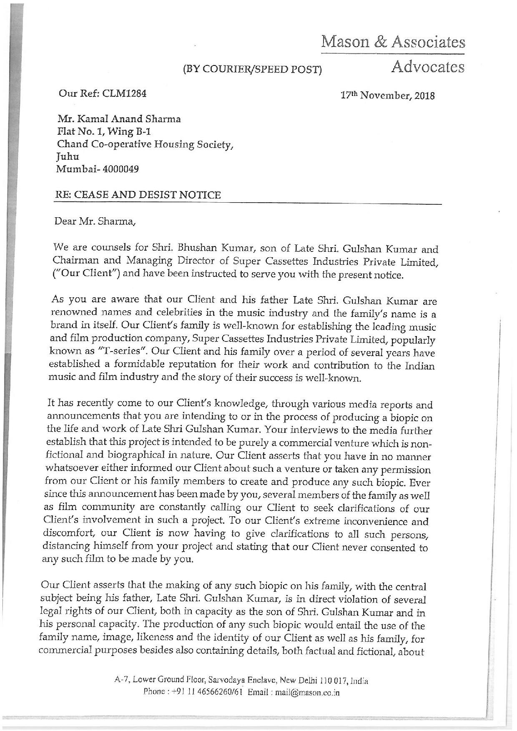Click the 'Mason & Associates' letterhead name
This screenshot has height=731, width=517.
tap(392, 42)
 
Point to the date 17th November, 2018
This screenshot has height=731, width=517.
tap(388, 96)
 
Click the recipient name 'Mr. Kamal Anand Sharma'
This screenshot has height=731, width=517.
tap(119, 119)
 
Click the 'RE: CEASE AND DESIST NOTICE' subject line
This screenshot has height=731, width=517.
tap(138, 195)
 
